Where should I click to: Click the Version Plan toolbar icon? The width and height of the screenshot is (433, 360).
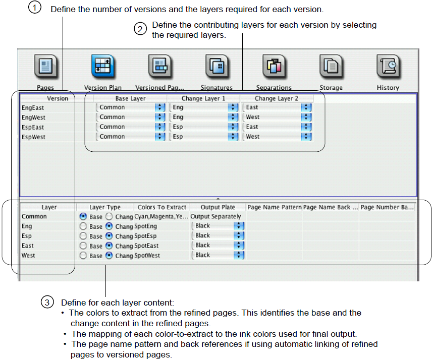pos(103,67)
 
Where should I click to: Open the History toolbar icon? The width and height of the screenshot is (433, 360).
pos(388,67)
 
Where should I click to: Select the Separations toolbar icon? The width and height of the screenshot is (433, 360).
pos(274,67)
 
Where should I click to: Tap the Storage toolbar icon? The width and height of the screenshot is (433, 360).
pos(331,67)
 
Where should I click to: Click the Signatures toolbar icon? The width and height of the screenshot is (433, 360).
pos(217,67)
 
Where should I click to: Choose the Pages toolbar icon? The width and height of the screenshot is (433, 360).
pos(45,67)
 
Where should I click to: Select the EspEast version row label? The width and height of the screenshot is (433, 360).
pos(33,127)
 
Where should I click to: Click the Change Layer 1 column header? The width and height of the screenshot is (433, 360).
pos(203,98)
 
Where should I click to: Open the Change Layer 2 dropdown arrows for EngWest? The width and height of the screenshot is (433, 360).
pos(306,117)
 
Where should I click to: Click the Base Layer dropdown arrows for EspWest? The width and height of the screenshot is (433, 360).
pos(160,137)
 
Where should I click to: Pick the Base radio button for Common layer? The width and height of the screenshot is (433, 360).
pos(83,216)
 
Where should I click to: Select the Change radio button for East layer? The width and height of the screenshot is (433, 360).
pos(109,246)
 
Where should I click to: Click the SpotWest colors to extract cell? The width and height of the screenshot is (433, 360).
pos(147,256)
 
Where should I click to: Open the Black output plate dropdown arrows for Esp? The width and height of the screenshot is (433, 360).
pos(239,236)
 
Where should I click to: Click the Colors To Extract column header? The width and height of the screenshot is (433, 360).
pos(162,207)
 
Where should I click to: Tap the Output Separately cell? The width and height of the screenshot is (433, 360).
pos(215,216)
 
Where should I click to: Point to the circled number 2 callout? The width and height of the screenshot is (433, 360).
pos(140,29)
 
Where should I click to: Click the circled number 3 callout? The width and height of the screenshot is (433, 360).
pos(47,303)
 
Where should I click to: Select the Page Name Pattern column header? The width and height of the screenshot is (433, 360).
pos(275,207)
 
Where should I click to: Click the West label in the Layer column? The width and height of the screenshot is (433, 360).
pos(28,256)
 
